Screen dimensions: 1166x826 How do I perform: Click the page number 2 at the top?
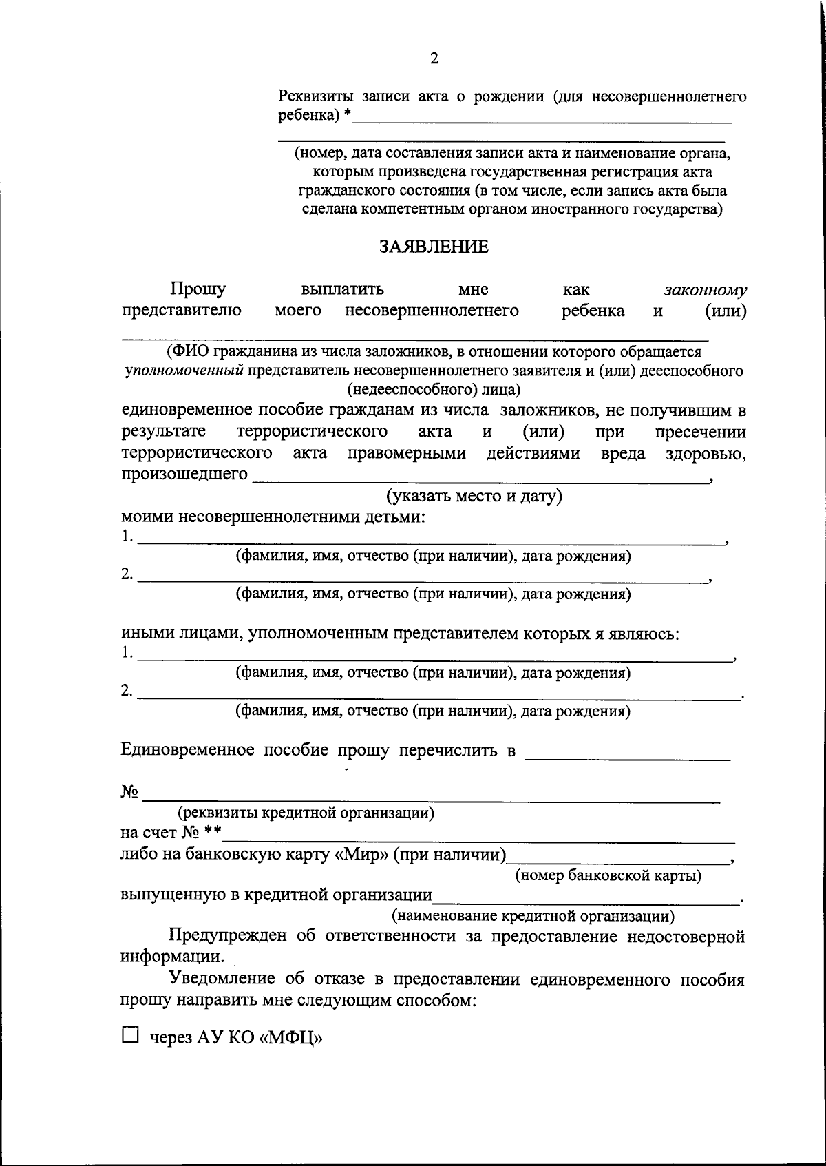434,59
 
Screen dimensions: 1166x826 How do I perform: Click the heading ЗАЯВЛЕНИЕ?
434,247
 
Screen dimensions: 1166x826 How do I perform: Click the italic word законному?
706,290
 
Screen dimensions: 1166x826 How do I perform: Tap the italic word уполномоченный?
184,371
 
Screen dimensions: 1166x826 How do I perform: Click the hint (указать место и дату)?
474,496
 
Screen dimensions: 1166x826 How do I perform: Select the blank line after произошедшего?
480,479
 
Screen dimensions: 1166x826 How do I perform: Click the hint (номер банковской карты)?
608,875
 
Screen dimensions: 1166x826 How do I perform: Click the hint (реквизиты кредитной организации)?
306,813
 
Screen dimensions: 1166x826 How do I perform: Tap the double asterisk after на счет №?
213,832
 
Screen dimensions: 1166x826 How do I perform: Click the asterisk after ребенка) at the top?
348,114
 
